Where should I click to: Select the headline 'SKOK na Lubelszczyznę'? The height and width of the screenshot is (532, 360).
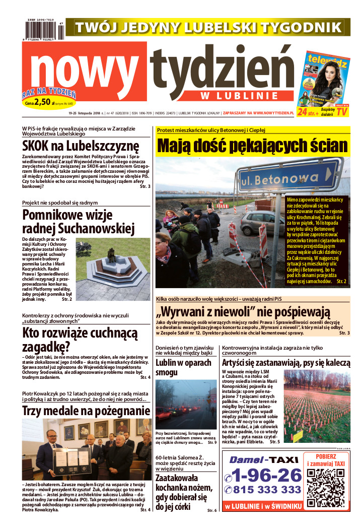81,146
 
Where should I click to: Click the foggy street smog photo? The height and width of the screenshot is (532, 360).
186,405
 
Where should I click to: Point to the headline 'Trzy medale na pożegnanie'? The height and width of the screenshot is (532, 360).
79,411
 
